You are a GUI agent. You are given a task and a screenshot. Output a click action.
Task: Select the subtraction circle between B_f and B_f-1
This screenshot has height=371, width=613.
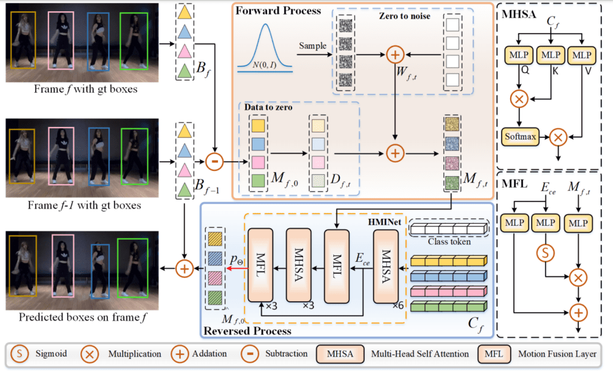[x=214, y=162]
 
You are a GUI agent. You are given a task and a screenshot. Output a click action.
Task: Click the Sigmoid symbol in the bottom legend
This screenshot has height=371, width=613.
[x=20, y=354]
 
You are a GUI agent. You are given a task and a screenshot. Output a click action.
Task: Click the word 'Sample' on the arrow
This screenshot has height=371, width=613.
[x=312, y=45]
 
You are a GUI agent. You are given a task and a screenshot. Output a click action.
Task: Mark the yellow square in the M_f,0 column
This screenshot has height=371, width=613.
[x=258, y=126]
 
